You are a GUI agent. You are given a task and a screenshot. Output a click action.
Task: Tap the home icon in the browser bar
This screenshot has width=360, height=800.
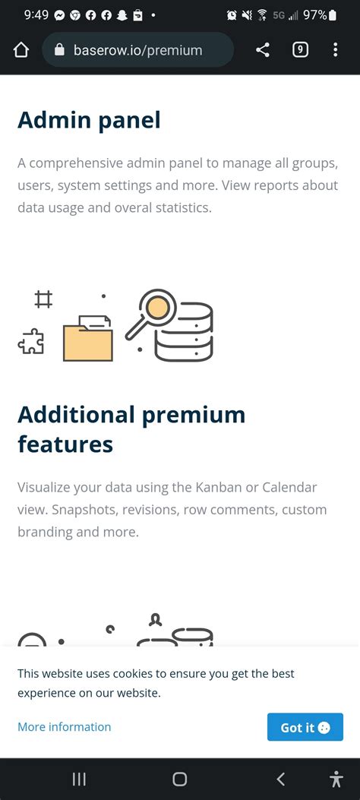click(x=21, y=50)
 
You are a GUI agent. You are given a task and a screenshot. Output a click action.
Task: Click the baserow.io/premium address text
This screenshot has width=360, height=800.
click(x=137, y=50)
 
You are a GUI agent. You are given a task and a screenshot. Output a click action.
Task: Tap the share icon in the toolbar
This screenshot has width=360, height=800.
click(x=262, y=50)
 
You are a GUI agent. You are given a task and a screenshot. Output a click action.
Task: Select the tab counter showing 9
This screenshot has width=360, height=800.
click(x=300, y=50)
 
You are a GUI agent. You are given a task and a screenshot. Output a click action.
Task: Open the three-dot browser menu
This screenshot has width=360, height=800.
click(x=335, y=50)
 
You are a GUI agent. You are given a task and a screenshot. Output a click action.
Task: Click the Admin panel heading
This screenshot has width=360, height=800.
click(x=89, y=120)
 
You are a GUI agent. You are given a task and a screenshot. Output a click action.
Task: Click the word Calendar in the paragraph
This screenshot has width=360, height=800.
click(x=289, y=487)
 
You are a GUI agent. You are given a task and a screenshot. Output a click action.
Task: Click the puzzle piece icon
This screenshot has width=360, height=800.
click(x=31, y=341)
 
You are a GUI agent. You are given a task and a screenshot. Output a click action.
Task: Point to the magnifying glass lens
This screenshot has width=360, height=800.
click(x=157, y=308)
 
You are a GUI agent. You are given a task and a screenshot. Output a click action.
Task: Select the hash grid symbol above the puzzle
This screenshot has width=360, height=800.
click(x=43, y=299)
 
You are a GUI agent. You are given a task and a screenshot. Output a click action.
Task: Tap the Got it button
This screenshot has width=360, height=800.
click(x=305, y=727)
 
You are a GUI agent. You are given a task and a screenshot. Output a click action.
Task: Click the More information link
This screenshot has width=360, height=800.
click(x=65, y=727)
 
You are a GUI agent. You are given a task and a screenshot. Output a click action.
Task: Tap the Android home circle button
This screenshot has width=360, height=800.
click(x=179, y=779)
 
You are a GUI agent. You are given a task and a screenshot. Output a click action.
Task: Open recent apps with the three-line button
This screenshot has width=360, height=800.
click(x=79, y=779)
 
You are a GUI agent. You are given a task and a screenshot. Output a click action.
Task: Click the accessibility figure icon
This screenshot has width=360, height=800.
click(x=336, y=779)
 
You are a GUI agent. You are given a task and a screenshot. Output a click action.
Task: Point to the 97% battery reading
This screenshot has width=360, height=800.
click(x=314, y=15)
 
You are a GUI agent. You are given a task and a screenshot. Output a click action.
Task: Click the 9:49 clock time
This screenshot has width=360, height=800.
click(x=36, y=15)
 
